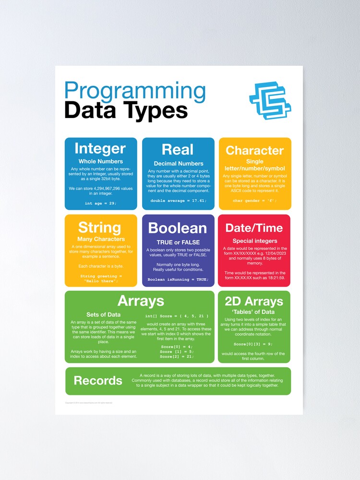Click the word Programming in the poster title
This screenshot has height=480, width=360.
click(135, 91)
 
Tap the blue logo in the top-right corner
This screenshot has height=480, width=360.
click(270, 100)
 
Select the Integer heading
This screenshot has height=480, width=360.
click(100, 148)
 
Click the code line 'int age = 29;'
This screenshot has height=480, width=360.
click(100, 203)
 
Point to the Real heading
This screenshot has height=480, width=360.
click(178, 149)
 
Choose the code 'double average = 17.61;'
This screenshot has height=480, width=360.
click(178, 200)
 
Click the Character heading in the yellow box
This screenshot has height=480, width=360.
click(254, 150)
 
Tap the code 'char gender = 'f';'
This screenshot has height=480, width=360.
click(254, 201)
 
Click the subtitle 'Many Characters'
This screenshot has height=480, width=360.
click(101, 239)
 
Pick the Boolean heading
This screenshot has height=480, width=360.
click(178, 228)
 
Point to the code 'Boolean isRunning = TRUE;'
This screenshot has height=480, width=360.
click(178, 279)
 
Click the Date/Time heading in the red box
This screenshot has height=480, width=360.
click(254, 228)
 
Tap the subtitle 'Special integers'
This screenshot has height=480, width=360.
click(255, 240)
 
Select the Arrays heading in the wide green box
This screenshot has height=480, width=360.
click(141, 301)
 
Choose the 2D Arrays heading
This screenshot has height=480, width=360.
click(254, 301)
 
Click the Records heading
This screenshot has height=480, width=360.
click(98, 381)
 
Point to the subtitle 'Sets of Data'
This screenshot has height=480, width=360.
click(103, 315)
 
